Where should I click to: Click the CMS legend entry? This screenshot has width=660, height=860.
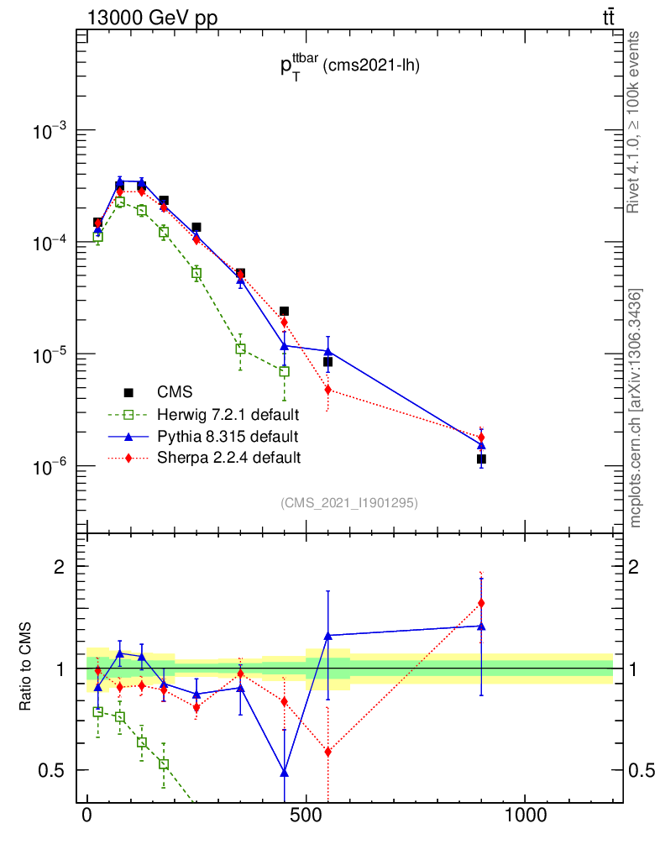(175, 392)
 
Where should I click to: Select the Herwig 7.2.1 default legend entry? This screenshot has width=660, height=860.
(228, 414)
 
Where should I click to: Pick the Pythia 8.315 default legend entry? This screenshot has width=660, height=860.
(228, 436)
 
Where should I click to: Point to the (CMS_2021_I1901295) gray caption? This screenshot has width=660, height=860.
(349, 502)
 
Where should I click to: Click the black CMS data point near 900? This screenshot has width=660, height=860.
(481, 459)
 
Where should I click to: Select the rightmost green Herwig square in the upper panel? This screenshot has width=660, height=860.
(285, 371)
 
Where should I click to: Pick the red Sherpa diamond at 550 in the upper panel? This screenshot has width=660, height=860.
(327, 390)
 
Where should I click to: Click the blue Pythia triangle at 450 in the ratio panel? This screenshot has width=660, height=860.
(285, 772)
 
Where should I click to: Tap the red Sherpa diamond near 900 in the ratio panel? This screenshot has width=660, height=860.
(481, 603)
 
